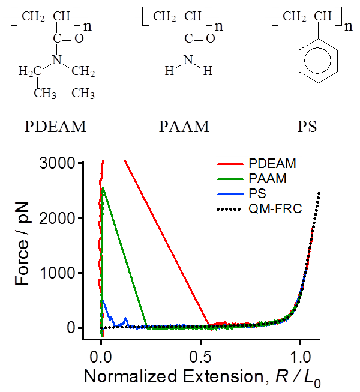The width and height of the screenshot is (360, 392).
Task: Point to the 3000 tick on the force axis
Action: click(57, 163)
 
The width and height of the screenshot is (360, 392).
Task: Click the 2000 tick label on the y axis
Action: click(57, 219)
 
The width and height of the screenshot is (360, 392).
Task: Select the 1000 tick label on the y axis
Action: click(57, 273)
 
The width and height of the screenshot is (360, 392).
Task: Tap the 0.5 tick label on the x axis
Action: click(200, 358)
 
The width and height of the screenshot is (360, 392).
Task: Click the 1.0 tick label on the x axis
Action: click(300, 358)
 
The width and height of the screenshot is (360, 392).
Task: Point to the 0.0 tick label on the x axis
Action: click(101, 358)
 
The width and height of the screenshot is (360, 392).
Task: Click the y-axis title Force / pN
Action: click(22, 244)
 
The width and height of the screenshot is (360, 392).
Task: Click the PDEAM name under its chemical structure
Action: click(55, 127)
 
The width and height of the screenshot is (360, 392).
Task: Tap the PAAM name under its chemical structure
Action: click(184, 127)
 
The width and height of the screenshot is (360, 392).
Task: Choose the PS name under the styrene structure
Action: click(307, 127)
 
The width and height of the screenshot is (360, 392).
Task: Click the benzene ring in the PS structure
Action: click(299, 61)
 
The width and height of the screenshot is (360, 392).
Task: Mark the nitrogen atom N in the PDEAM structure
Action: click(57, 60)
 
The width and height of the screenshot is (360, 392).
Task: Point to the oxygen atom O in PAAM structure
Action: click(211, 38)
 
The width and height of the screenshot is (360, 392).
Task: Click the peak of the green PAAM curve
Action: click(103, 187)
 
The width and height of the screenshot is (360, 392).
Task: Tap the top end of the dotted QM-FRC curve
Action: click(319, 193)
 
